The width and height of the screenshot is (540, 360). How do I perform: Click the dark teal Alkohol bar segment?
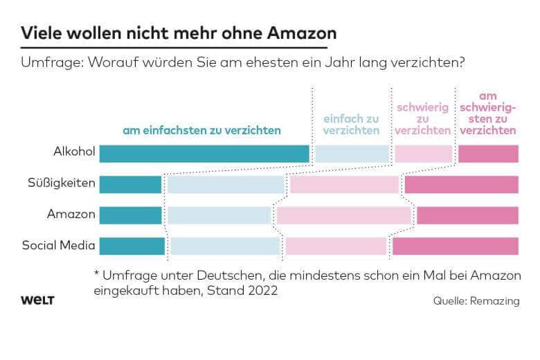[x=204, y=154]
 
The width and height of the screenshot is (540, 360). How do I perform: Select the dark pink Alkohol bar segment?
[x=488, y=154]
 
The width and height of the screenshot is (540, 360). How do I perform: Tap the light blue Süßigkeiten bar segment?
[x=226, y=184]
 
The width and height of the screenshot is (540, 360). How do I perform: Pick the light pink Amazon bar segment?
[x=344, y=215]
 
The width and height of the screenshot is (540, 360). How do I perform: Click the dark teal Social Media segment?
[x=132, y=246]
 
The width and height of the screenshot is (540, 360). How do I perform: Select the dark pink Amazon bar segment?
[x=467, y=215]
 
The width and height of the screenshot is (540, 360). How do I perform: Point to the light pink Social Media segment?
[x=336, y=246]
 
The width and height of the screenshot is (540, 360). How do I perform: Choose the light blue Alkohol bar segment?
[x=352, y=154]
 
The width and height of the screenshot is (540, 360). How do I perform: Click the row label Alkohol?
[x=74, y=153]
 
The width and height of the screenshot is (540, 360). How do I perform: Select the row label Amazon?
[x=71, y=215]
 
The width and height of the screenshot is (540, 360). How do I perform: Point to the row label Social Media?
[x=59, y=245]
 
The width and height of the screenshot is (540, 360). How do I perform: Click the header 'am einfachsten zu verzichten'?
[x=201, y=130]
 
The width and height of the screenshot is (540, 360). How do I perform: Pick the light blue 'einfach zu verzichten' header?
[x=352, y=125]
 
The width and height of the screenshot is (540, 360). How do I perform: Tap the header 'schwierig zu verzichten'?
[x=423, y=119]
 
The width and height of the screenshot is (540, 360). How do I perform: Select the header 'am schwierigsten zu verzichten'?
[x=487, y=114]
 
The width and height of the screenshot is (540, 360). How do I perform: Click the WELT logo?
[x=37, y=300]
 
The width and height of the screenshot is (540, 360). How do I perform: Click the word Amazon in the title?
[x=300, y=33]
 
